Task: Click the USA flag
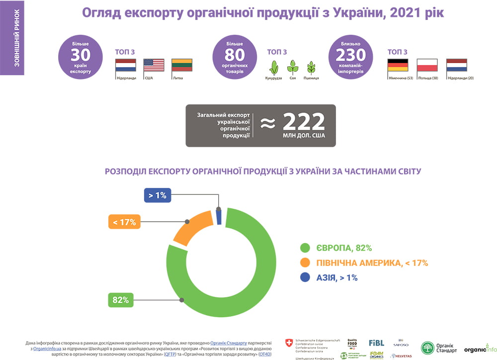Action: point(154,65)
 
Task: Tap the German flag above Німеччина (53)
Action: point(398,65)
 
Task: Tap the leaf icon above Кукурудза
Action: point(273,67)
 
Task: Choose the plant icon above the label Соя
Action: point(293,67)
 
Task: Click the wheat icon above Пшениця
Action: point(312,67)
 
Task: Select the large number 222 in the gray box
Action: point(304,121)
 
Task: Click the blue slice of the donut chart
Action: point(218,217)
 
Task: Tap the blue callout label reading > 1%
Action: point(158,195)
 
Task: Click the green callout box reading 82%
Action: point(121,300)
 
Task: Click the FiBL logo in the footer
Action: point(376,343)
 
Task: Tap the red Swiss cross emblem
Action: point(289,343)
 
